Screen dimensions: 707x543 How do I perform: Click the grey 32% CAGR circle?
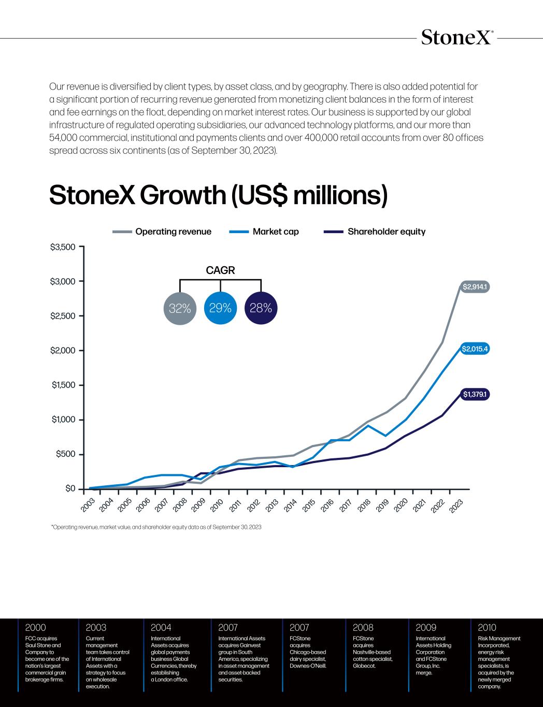(x=180, y=309)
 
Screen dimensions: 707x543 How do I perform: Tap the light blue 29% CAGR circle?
(x=220, y=309)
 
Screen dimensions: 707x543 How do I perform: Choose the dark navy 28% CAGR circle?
(x=261, y=309)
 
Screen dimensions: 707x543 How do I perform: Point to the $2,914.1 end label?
(x=476, y=286)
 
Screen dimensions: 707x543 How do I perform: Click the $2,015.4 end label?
(x=475, y=349)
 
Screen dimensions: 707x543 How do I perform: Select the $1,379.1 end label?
(x=476, y=395)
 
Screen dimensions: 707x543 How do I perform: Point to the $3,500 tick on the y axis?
(x=63, y=247)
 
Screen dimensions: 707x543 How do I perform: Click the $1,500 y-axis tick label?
(x=63, y=385)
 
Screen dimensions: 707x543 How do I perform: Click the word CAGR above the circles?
(x=220, y=270)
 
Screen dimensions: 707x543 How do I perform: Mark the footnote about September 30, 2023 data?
(x=156, y=527)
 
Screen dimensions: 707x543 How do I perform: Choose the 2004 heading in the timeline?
(x=161, y=628)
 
